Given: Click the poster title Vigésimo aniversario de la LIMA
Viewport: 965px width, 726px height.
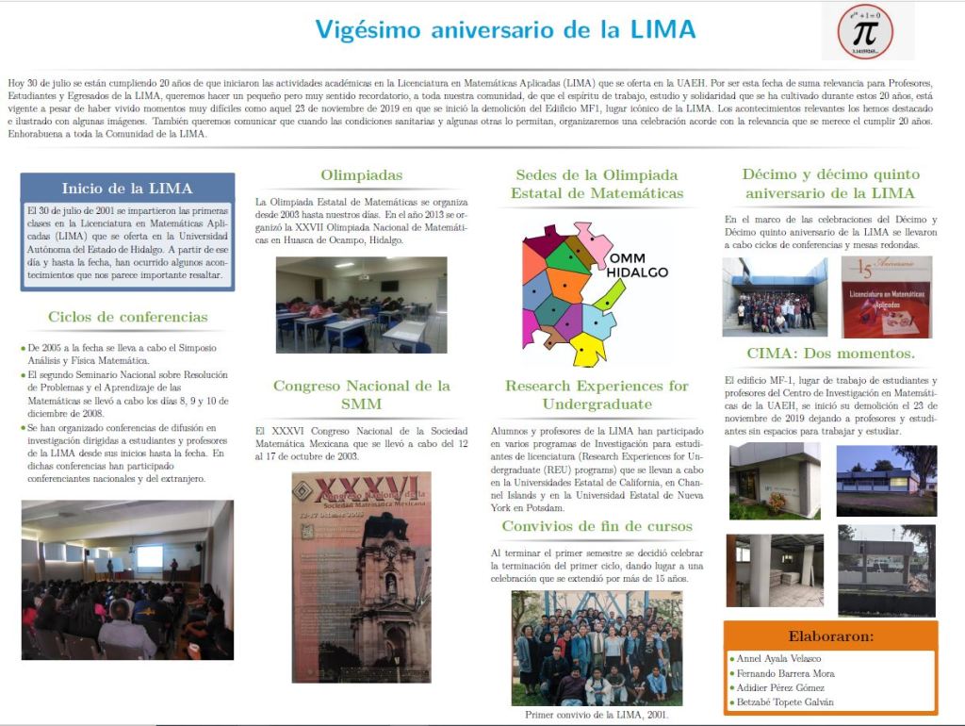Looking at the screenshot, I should click(x=505, y=29).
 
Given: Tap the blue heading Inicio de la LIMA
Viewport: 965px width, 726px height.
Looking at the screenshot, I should click(x=127, y=188).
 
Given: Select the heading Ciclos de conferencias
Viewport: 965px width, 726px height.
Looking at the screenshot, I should click(x=127, y=317).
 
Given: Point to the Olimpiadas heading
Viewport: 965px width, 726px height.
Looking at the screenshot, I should click(x=361, y=174).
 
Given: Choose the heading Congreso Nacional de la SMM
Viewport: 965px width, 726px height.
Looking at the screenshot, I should click(x=361, y=394).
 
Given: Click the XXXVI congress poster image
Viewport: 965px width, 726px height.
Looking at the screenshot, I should click(x=361, y=577).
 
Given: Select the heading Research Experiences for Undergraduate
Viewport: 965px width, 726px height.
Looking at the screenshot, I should click(x=597, y=394).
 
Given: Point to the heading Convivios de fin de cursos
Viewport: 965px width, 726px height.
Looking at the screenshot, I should click(x=597, y=526).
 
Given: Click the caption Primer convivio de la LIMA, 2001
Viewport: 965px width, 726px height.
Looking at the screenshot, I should click(x=597, y=715).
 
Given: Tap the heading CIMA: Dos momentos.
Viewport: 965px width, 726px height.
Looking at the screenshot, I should click(x=830, y=354).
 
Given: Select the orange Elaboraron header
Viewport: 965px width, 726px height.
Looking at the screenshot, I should click(x=830, y=635).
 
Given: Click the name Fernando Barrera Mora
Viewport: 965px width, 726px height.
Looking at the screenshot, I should click(x=784, y=673).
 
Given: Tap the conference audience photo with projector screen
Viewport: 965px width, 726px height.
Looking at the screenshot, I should click(x=127, y=579).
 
